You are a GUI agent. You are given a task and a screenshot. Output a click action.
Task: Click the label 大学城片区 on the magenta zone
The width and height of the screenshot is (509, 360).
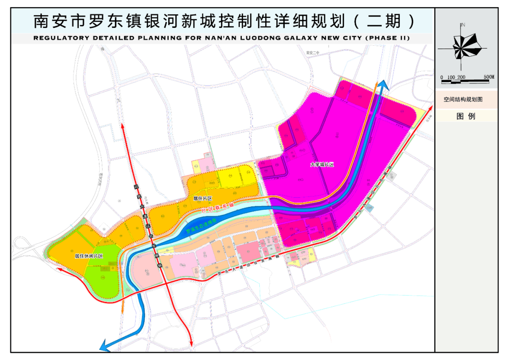[321, 165]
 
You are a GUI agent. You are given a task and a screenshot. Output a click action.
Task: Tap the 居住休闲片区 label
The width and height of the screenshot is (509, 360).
[89, 256]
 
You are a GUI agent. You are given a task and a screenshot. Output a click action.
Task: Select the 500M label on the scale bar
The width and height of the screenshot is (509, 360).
[489, 77]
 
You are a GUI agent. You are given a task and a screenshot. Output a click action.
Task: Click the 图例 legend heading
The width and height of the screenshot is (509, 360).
[466, 116]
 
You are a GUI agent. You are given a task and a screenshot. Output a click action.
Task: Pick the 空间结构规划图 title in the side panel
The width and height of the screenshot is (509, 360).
[463, 100]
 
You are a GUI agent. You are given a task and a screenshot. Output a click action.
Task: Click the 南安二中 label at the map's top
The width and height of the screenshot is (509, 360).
[312, 53]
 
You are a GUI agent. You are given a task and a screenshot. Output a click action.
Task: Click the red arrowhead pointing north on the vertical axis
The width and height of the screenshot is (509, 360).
[124, 125]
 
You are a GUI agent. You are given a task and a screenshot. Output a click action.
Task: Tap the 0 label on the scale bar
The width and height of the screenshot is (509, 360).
[442, 77]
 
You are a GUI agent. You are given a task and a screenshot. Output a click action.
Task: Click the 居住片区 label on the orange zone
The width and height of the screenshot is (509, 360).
[203, 199]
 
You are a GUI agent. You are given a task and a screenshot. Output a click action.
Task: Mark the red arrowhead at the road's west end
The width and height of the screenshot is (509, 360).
[59, 269]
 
